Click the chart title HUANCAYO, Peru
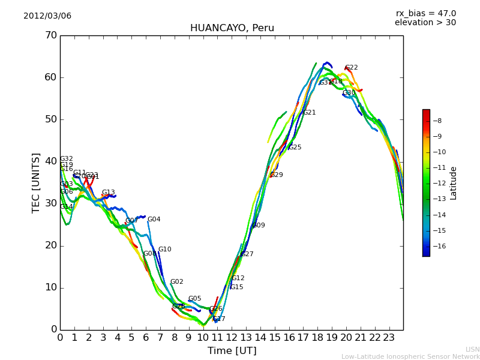click(x=232, y=28)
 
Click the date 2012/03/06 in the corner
click(x=47, y=16)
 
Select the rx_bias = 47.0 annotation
click(x=425, y=14)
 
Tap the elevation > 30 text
click(x=425, y=23)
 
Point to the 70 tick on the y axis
click(x=51, y=35)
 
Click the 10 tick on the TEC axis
click(x=51, y=287)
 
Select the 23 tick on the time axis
click(x=389, y=337)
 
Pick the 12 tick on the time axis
click(x=232, y=337)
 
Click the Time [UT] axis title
click(x=232, y=351)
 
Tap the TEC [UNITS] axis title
click(x=37, y=182)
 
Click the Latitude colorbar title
click(x=454, y=183)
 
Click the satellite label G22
click(x=352, y=68)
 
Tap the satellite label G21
click(x=309, y=113)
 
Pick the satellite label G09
click(x=258, y=226)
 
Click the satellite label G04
click(x=154, y=220)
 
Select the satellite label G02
click(x=177, y=282)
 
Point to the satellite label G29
click(x=277, y=175)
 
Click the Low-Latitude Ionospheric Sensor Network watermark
click(x=410, y=357)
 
